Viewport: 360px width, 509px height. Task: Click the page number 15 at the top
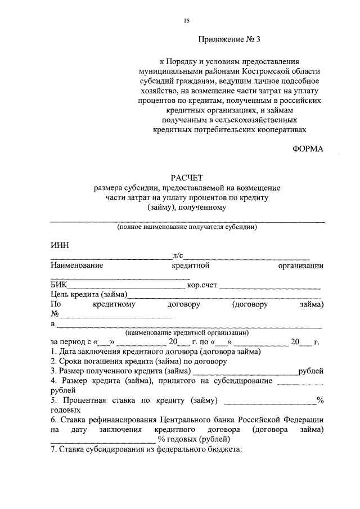[x=187, y=21]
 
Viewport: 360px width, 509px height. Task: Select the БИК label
[x=58, y=285]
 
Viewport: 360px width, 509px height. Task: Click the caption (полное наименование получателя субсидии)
[x=187, y=227]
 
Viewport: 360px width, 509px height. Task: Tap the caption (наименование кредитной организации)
[x=187, y=332]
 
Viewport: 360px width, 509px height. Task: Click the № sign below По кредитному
[x=55, y=314]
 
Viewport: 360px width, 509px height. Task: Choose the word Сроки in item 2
[x=71, y=361]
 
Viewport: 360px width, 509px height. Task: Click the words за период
[x=67, y=341]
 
